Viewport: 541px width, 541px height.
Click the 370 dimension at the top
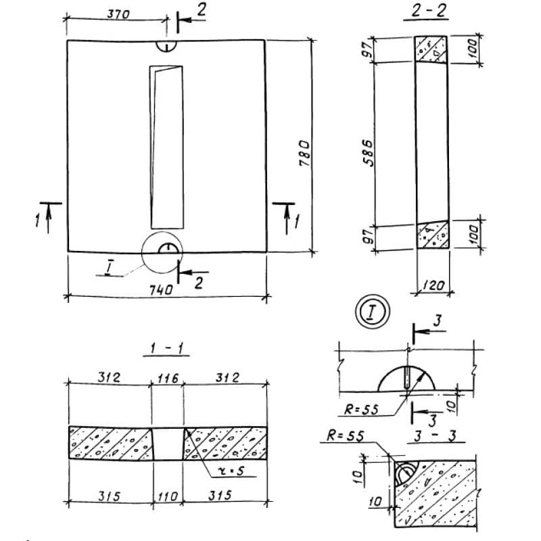click(x=118, y=14)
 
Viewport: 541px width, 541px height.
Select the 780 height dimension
click(x=304, y=154)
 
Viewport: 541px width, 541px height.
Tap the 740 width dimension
click(x=161, y=289)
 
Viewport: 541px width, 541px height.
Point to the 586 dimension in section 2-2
click(x=369, y=153)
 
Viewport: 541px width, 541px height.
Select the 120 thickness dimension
click(x=433, y=285)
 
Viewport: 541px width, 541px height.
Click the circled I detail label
click(x=373, y=311)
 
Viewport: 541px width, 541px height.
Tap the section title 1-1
click(x=166, y=348)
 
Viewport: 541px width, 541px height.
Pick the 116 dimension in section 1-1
click(x=168, y=379)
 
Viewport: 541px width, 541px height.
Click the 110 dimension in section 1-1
click(x=168, y=497)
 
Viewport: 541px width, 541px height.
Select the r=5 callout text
click(x=232, y=471)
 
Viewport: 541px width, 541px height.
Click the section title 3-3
click(x=436, y=436)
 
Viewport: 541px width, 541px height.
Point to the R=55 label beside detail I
click(x=361, y=410)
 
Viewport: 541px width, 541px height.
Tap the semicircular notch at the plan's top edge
click(x=166, y=46)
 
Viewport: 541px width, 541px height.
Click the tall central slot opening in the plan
click(x=167, y=147)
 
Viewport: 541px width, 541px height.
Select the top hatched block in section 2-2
click(x=431, y=49)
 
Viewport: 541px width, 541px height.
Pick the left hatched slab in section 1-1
click(x=111, y=444)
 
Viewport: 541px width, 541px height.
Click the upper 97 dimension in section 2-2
click(x=369, y=49)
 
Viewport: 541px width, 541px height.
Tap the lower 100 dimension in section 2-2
click(x=475, y=234)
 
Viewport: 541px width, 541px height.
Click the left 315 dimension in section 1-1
click(x=110, y=496)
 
